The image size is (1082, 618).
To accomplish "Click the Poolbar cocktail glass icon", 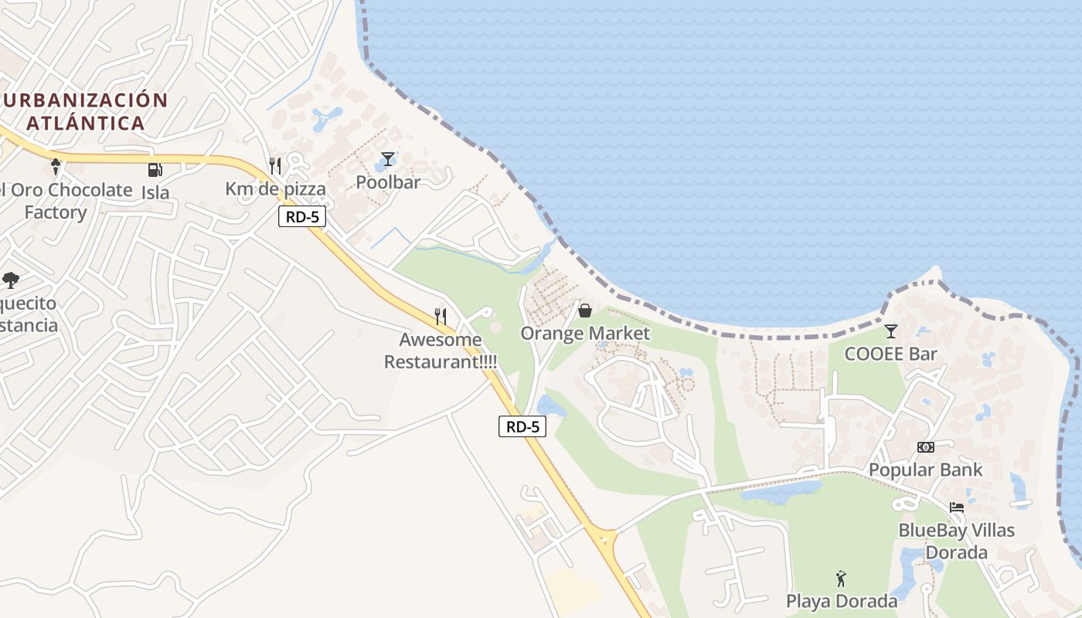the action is point(388,159).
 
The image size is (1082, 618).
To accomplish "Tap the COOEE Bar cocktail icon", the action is point(891,331).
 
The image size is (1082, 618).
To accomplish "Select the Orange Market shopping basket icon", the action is point(585,311).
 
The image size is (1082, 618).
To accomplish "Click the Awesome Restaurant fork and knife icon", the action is point(441,316).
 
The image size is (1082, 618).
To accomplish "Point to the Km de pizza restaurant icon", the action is point(274,165).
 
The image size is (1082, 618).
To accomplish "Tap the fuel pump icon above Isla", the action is point(155,170).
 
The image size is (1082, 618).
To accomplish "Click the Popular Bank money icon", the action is point(925,447).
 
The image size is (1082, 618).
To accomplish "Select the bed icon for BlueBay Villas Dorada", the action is point(957,508).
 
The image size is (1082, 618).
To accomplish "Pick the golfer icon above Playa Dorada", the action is point(841,578).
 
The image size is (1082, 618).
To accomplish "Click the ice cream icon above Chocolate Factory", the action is point(56,166).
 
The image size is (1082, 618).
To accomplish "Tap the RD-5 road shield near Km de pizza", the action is point(302,217).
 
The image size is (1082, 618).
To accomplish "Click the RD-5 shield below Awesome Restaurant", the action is point(522,426).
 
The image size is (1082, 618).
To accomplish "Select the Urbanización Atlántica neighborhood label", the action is point(84,111).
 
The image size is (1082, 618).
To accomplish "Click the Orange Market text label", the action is point(585,334).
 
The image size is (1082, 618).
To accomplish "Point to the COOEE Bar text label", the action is point(890,355).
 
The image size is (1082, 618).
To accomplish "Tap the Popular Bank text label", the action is point(925,470).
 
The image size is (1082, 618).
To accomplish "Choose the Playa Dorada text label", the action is point(842,601).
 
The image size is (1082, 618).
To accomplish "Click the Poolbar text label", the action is point(388,182).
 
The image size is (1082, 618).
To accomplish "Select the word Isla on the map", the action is point(155,192).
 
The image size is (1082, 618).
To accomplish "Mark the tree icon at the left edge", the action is point(11,280).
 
